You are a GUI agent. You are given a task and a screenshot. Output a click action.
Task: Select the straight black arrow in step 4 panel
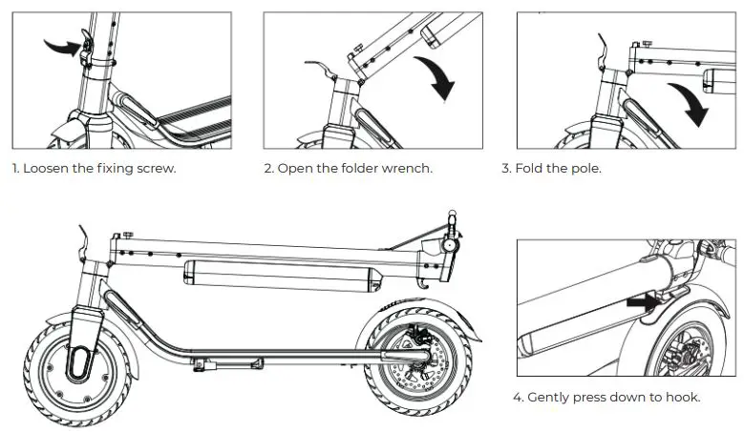[642, 301]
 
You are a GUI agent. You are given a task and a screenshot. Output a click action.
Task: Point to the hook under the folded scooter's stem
[421, 284]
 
